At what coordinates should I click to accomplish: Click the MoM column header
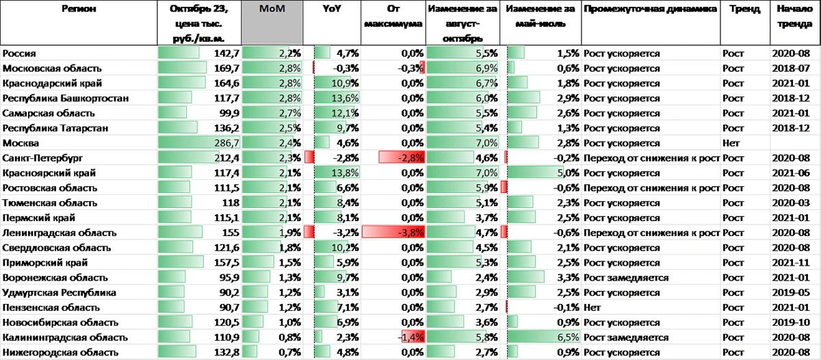(272, 10)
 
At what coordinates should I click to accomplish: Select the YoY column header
(333, 10)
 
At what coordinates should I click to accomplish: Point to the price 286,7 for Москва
(226, 143)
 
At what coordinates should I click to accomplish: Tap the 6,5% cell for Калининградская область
(565, 337)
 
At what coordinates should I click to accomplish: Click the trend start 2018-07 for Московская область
(791, 68)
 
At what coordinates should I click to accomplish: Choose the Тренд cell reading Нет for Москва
(731, 143)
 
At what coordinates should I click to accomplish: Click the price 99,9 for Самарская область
(227, 113)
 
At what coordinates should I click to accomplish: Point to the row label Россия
(20, 53)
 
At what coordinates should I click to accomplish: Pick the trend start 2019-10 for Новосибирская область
(791, 322)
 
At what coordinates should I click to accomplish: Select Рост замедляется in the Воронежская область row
(626, 278)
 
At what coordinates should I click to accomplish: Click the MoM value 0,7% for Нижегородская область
(290, 352)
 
